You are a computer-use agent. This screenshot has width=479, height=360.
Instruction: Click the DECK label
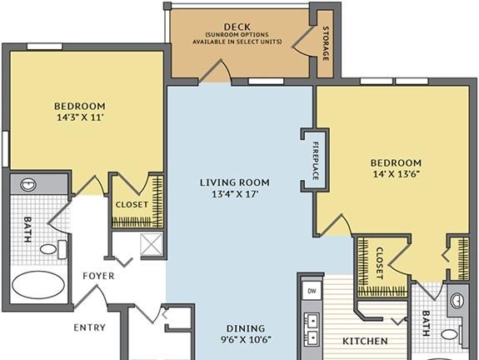tap(237, 27)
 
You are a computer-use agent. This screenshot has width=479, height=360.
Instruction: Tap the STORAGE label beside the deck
tap(326, 43)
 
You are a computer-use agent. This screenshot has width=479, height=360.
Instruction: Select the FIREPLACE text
tap(316, 161)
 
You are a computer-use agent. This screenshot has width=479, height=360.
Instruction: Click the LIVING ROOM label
tap(235, 182)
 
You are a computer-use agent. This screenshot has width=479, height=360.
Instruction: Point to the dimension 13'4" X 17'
tap(235, 194)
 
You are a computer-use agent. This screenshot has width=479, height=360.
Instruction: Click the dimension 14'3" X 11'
tap(80, 117)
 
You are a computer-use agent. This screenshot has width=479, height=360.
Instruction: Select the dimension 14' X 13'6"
tap(396, 174)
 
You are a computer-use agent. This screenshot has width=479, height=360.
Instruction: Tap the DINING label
tap(246, 328)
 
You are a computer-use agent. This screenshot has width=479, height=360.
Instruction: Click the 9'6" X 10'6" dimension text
tap(246, 339)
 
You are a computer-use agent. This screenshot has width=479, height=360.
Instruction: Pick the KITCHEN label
tap(365, 341)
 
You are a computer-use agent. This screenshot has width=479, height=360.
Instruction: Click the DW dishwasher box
tap(312, 291)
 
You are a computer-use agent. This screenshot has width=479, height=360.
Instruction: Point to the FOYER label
tap(98, 276)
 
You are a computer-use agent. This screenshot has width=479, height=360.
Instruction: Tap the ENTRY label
tap(89, 327)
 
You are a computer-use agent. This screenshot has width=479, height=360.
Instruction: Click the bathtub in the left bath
tap(38, 284)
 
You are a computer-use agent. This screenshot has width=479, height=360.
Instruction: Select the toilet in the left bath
tap(52, 249)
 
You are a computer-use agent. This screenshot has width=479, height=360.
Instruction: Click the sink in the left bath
tap(28, 185)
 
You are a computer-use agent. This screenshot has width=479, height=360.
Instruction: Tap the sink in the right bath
tap(457, 301)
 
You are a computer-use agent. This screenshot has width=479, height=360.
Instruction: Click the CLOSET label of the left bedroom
tap(132, 204)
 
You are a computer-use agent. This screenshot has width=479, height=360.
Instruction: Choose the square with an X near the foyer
tap(152, 244)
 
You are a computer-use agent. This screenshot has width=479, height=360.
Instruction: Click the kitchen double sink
tap(312, 329)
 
